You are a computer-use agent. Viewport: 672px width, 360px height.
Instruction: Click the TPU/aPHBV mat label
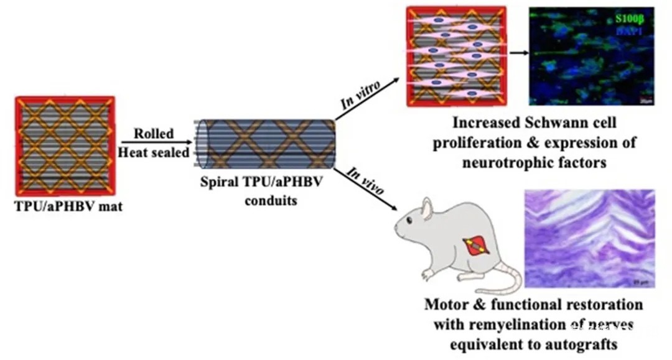68,206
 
